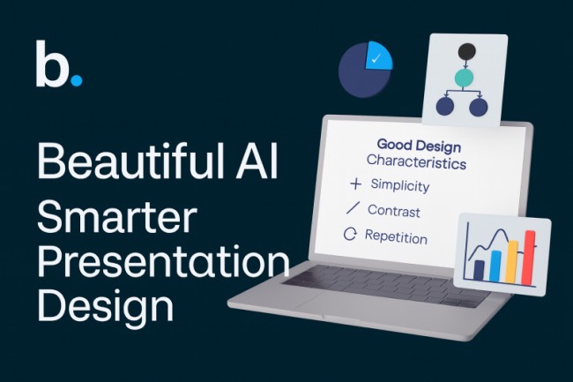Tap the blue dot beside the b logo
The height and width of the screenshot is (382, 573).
tap(76, 80)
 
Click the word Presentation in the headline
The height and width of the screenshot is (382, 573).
tap(163, 263)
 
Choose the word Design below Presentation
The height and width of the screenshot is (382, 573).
tap(105, 307)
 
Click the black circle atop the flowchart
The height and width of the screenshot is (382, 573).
tap(467, 51)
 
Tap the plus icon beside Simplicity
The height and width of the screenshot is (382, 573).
tap(355, 184)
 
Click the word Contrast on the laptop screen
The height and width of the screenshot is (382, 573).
tap(393, 211)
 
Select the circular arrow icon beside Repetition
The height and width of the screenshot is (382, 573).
tap(350, 236)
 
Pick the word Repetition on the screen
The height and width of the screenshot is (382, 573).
tap(396, 237)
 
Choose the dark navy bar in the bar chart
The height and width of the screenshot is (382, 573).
tap(479, 269)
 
